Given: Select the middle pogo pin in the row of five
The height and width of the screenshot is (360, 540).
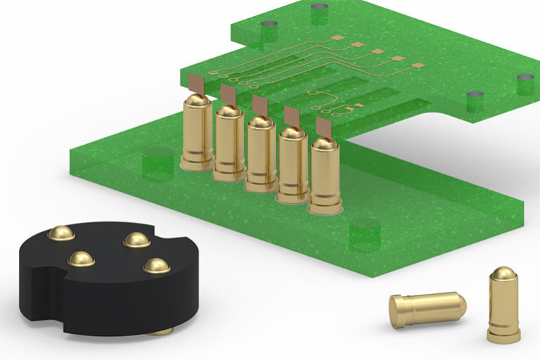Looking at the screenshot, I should tap(261, 155).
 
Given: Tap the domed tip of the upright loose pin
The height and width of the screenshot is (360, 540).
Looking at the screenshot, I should tap(504, 274).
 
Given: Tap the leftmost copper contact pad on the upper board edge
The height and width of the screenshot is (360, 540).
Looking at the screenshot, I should tap(198, 86).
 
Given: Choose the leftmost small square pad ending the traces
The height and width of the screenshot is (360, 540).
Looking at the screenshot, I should tap(337, 37).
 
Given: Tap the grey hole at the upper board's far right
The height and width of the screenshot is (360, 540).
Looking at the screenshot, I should tap(525, 77).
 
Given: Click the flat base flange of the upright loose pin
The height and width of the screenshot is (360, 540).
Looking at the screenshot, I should tap(504, 336).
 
